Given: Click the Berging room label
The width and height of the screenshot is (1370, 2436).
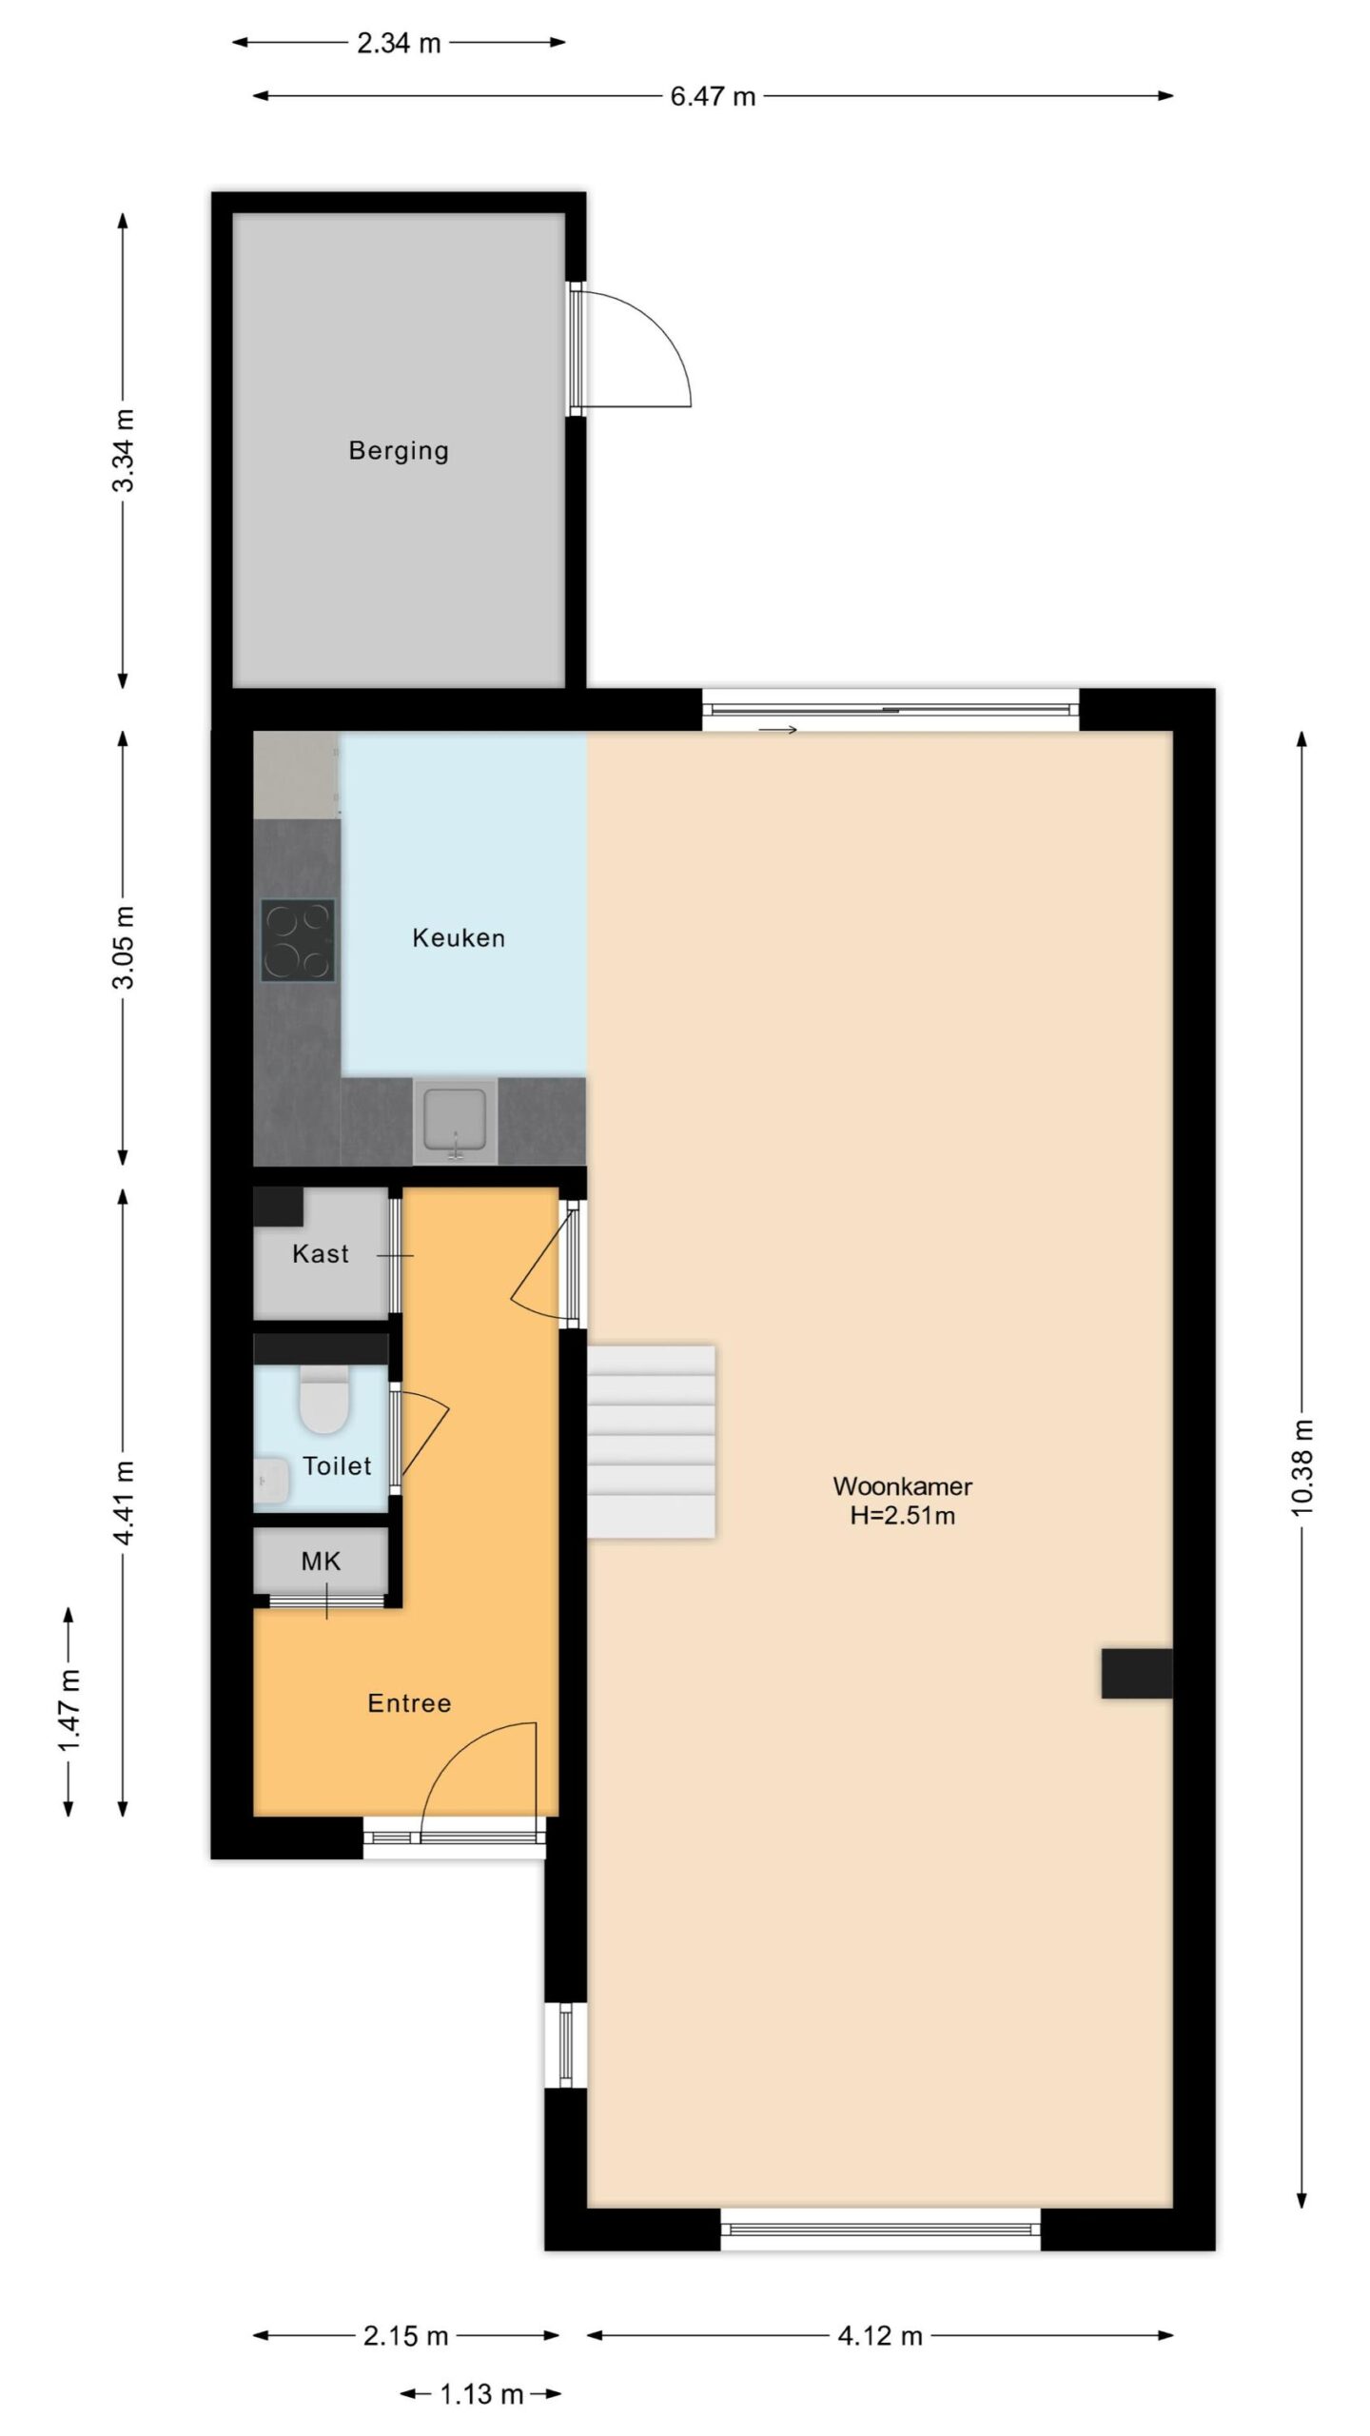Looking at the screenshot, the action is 399,450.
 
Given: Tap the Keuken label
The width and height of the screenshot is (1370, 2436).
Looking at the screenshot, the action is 459,938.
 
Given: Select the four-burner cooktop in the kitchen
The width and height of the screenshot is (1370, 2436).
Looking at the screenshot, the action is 298,940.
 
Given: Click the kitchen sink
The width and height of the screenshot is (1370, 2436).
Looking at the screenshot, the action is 455,1121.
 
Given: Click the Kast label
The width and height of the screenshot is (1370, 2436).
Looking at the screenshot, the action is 321,1254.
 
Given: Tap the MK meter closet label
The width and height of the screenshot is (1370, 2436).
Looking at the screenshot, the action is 321,1562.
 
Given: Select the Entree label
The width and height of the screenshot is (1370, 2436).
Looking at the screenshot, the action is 409,1703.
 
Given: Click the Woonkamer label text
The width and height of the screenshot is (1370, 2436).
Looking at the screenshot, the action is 902,1486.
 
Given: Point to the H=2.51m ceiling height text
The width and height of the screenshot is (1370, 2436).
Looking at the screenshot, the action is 902,1516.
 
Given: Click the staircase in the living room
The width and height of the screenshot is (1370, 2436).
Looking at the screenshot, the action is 651,1442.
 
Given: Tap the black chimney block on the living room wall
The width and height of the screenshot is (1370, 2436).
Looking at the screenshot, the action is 1137,1674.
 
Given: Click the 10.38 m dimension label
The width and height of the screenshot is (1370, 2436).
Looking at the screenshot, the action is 1302,1466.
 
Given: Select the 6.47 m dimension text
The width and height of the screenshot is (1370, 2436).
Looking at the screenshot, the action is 713,96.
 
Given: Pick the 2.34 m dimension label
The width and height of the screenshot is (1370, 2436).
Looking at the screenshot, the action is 399,43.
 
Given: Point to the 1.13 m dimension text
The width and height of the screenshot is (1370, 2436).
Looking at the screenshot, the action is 481,2394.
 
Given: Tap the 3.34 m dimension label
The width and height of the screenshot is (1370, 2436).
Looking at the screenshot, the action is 124,450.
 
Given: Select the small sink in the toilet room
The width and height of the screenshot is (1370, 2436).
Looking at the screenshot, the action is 271,1482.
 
